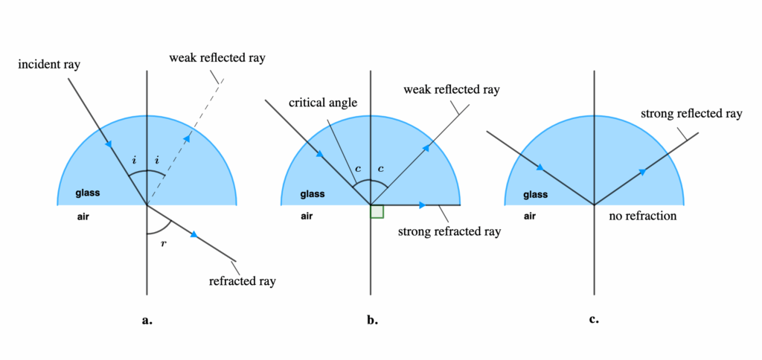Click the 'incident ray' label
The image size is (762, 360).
click(49, 65)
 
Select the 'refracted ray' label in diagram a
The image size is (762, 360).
click(243, 280)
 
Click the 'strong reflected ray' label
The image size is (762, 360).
click(691, 114)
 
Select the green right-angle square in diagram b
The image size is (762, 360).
click(377, 211)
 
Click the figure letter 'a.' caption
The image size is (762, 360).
click(147, 321)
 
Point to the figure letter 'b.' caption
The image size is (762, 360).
click(372, 321)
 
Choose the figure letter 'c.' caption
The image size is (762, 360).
click(593, 320)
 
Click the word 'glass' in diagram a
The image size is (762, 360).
click(87, 194)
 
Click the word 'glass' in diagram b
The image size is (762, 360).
click(312, 195)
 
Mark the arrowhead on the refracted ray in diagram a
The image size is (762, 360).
click(194, 234)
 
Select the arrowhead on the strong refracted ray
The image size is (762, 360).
click(423, 205)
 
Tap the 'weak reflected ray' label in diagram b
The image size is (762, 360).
click(451, 90)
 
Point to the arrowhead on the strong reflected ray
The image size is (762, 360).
click(641, 172)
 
